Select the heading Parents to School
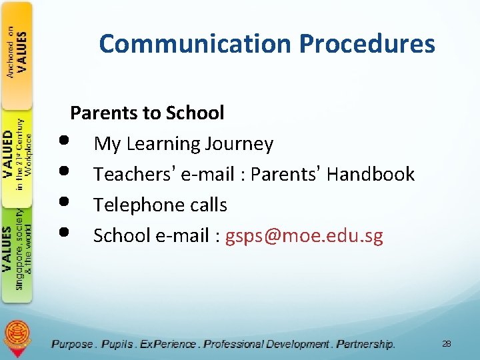147,113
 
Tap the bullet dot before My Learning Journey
63,142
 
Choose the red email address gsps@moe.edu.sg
304,235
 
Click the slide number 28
446,343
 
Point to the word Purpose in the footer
72,344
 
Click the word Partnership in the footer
365,344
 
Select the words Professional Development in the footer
267,344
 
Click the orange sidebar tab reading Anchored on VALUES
17,53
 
